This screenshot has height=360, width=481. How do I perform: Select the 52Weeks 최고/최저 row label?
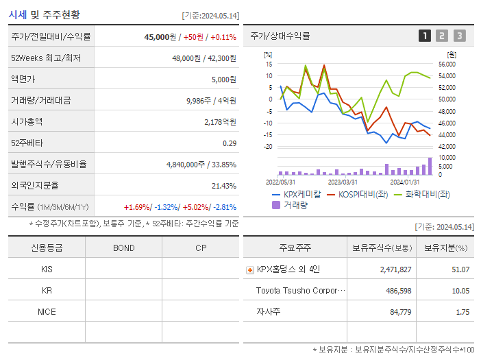pyautogui.click(x=45, y=58)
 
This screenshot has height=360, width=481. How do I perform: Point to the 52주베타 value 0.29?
pyautogui.click(x=229, y=143)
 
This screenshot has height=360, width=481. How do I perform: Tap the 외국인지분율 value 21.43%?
pyautogui.click(x=224, y=186)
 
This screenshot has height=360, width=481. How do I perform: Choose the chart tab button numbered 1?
pyautogui.click(x=425, y=36)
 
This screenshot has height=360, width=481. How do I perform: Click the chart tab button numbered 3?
pyautogui.click(x=459, y=36)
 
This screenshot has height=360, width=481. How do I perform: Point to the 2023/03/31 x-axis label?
pyautogui.click(x=343, y=182)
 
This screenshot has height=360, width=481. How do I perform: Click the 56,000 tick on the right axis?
pyautogui.click(x=446, y=64)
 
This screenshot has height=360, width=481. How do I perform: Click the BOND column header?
pyautogui.click(x=123, y=248)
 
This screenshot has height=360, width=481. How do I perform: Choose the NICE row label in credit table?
pyautogui.click(x=47, y=311)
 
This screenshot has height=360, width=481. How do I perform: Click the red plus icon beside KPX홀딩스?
pyautogui.click(x=249, y=270)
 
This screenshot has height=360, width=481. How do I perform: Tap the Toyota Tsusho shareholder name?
pyautogui.click(x=297, y=291)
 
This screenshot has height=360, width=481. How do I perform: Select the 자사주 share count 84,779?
pyautogui.click(x=396, y=312)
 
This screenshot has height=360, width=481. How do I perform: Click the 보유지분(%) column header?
pyautogui.click(x=445, y=248)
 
